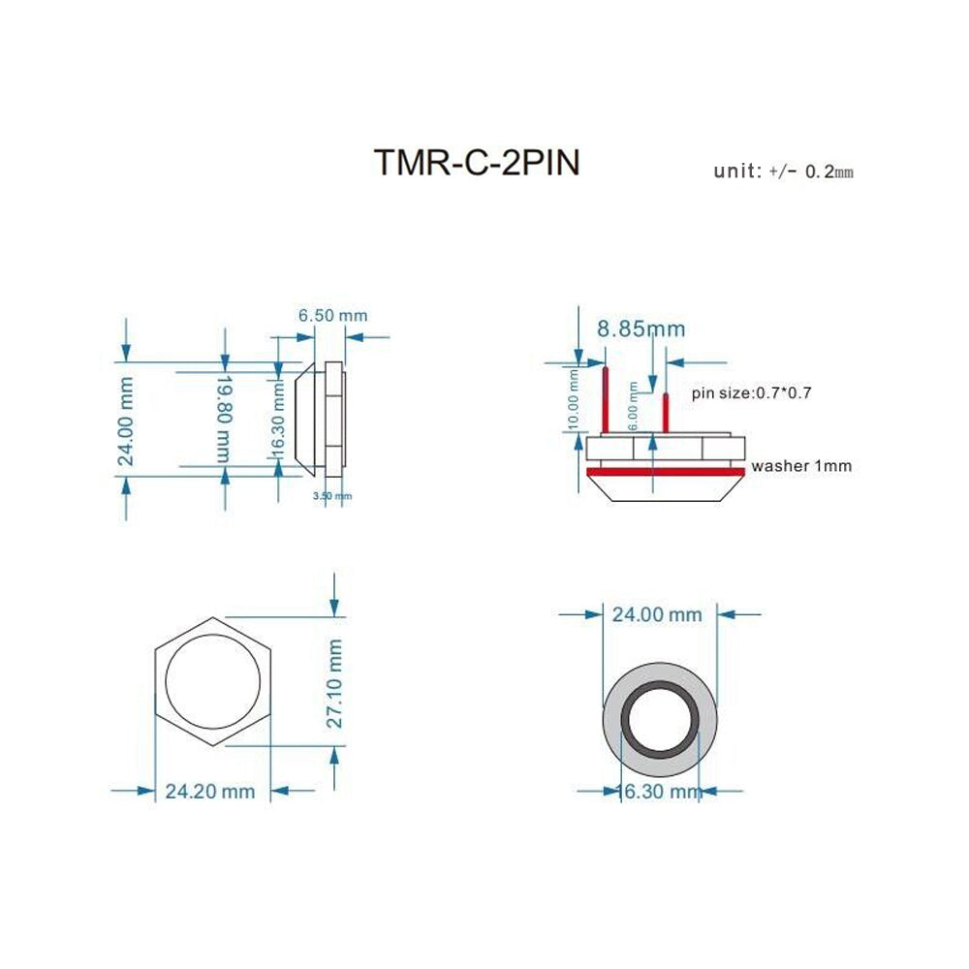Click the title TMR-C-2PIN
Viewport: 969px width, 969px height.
[x=477, y=163]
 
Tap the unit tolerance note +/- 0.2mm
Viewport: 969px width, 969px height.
[x=783, y=172]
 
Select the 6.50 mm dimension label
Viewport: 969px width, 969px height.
[x=332, y=316]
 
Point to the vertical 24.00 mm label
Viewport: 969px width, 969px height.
[x=126, y=421]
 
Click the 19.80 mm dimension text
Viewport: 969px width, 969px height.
[x=225, y=418]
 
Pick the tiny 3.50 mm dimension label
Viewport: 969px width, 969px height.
[x=331, y=496]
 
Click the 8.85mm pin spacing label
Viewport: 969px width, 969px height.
[x=641, y=329]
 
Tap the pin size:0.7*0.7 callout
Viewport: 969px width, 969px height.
[x=751, y=393]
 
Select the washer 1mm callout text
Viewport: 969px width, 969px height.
[x=801, y=466]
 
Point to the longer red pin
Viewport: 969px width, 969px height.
[x=605, y=399]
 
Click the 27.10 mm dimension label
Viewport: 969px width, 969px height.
[x=333, y=682]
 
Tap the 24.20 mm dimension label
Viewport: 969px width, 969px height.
[x=210, y=792]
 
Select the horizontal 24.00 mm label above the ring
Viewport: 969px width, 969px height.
[x=656, y=614]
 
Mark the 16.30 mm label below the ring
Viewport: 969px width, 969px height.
[x=660, y=793]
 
